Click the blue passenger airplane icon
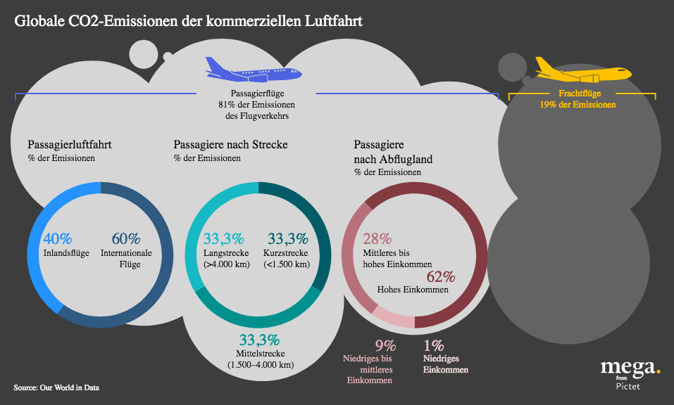(x=252, y=70)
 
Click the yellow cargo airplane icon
(x=582, y=70)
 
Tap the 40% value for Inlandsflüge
(x=58, y=239)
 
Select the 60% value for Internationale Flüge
(x=126, y=239)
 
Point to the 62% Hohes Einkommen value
(x=440, y=276)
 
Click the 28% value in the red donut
(x=377, y=239)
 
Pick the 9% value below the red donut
(x=385, y=345)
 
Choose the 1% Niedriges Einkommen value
(x=433, y=345)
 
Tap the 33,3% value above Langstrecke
(x=223, y=239)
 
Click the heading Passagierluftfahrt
(x=70, y=145)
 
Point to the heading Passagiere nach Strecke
(x=230, y=145)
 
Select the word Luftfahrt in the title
(x=333, y=20)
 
